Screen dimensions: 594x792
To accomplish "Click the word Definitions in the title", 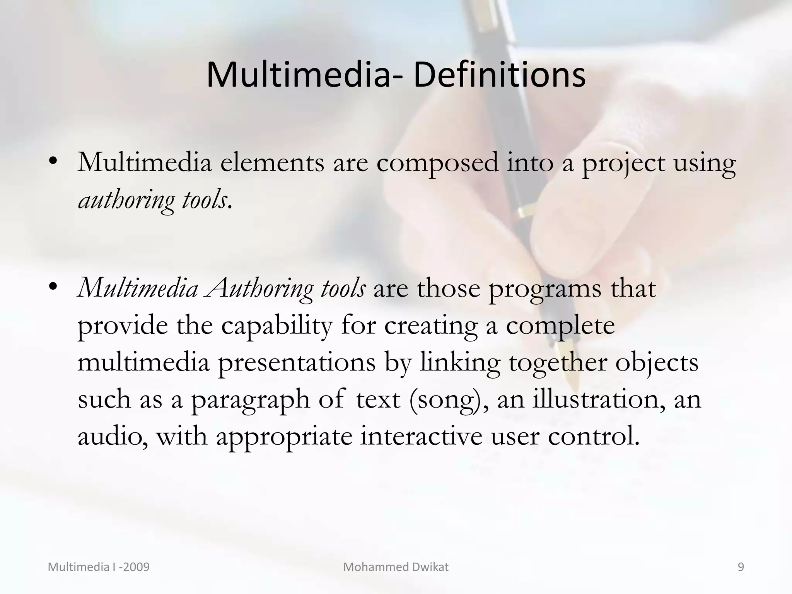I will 499,75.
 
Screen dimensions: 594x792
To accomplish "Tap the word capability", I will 277,326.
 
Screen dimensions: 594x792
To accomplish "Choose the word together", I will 557,363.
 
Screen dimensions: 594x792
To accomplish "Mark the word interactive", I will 421,436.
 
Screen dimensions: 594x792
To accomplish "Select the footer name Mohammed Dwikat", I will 396,567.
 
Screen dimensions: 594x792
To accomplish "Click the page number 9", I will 741,567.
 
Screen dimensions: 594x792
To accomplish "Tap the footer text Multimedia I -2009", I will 99,567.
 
